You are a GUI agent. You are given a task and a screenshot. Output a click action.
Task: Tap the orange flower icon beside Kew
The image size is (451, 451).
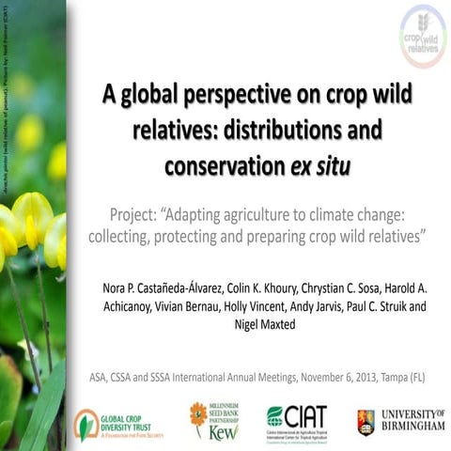[x=198, y=414]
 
